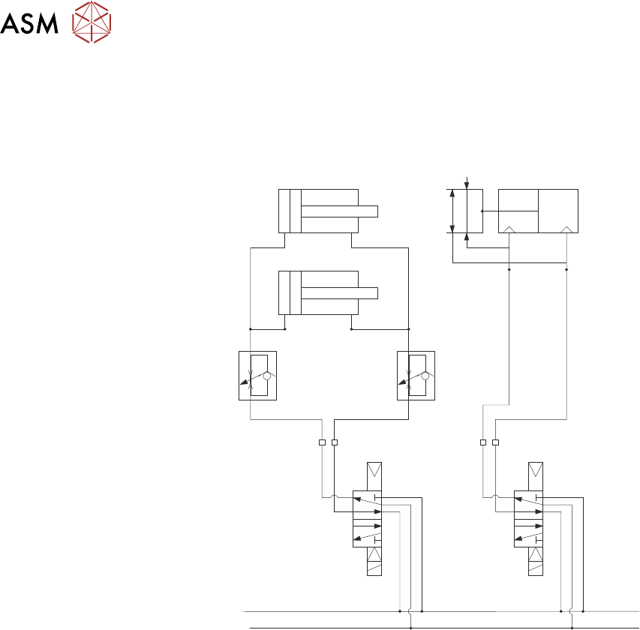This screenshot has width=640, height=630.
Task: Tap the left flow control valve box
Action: click(258, 375)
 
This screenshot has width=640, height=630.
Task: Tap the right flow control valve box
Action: click(416, 375)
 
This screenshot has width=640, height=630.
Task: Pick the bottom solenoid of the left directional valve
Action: click(374, 561)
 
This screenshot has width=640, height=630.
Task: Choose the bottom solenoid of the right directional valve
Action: click(536, 561)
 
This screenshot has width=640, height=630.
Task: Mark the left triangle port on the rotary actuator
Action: click(509, 229)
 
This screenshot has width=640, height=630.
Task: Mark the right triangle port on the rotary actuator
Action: click(566, 229)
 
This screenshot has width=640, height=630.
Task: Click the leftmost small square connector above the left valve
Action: click(323, 442)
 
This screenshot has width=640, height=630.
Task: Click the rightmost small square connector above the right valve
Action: click(496, 442)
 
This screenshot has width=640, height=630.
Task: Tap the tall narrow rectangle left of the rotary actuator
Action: click(473, 211)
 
